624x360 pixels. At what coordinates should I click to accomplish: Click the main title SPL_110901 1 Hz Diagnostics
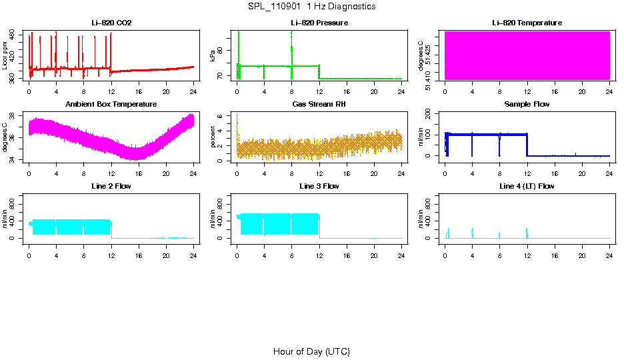[x=311, y=7]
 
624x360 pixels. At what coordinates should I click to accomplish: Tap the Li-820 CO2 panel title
[x=111, y=23]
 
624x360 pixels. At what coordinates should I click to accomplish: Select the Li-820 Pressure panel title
[x=319, y=23]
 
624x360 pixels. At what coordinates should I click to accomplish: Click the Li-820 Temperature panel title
[x=527, y=23]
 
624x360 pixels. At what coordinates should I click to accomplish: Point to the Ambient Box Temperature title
[x=111, y=105]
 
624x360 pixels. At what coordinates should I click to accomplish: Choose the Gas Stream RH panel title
[x=319, y=105]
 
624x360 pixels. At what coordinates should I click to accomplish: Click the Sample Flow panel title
[x=527, y=105]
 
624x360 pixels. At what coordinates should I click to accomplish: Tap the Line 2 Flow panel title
[x=111, y=186]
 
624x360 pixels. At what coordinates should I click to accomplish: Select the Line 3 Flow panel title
[x=319, y=186]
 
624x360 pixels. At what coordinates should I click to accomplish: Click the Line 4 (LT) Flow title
[x=527, y=186]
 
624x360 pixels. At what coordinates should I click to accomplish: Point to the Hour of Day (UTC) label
[x=311, y=351]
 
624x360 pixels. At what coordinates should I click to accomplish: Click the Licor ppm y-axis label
[x=5, y=56]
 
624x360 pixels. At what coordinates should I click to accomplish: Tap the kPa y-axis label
[x=213, y=56]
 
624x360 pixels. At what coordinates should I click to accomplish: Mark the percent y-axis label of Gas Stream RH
[x=213, y=137]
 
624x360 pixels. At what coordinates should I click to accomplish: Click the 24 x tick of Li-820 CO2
[x=193, y=91]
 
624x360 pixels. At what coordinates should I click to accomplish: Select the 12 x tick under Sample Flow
[x=527, y=173]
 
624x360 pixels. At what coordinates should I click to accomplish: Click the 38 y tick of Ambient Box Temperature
[x=13, y=115]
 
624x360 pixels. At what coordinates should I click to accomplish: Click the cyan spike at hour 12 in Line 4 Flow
[x=527, y=233]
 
